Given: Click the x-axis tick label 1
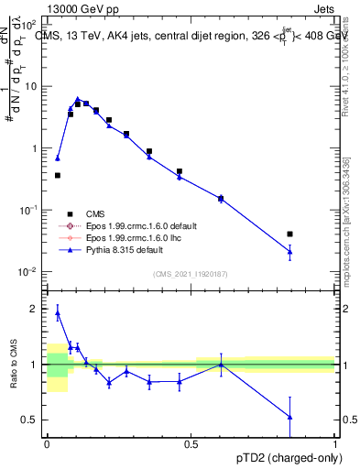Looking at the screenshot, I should tap(335, 442).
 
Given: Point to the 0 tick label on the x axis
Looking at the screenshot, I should tap(47, 442).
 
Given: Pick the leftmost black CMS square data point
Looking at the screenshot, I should tap(58, 175).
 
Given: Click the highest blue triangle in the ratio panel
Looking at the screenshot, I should tap(58, 312).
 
